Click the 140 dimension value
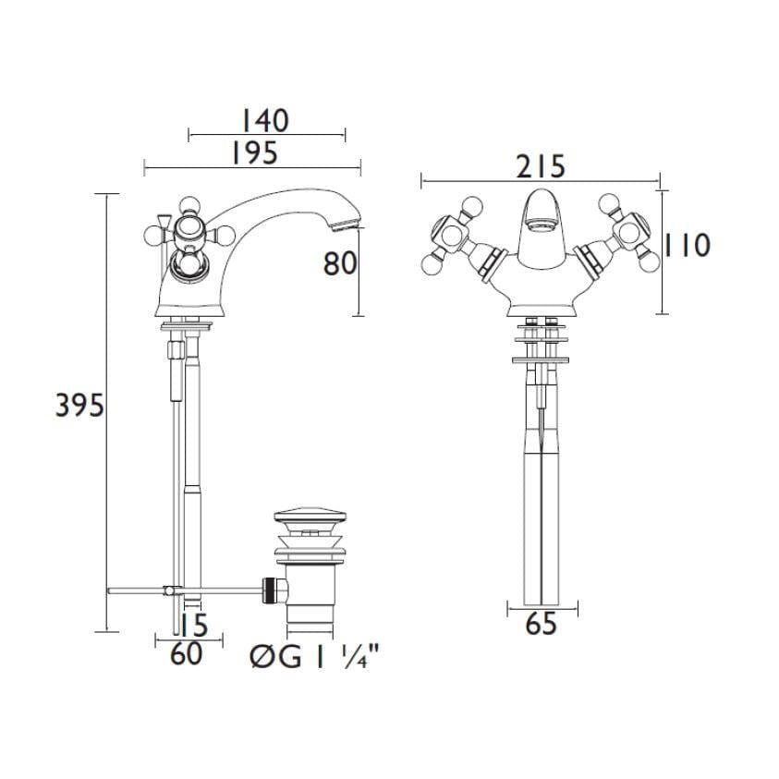[x=264, y=121]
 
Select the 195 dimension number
[x=254, y=153]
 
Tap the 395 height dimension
[x=79, y=406]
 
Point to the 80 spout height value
[x=340, y=263]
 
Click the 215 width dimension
[x=541, y=166]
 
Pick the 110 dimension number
[x=688, y=246]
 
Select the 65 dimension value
[x=542, y=624]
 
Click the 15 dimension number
[x=193, y=625]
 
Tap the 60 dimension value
[x=187, y=654]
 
